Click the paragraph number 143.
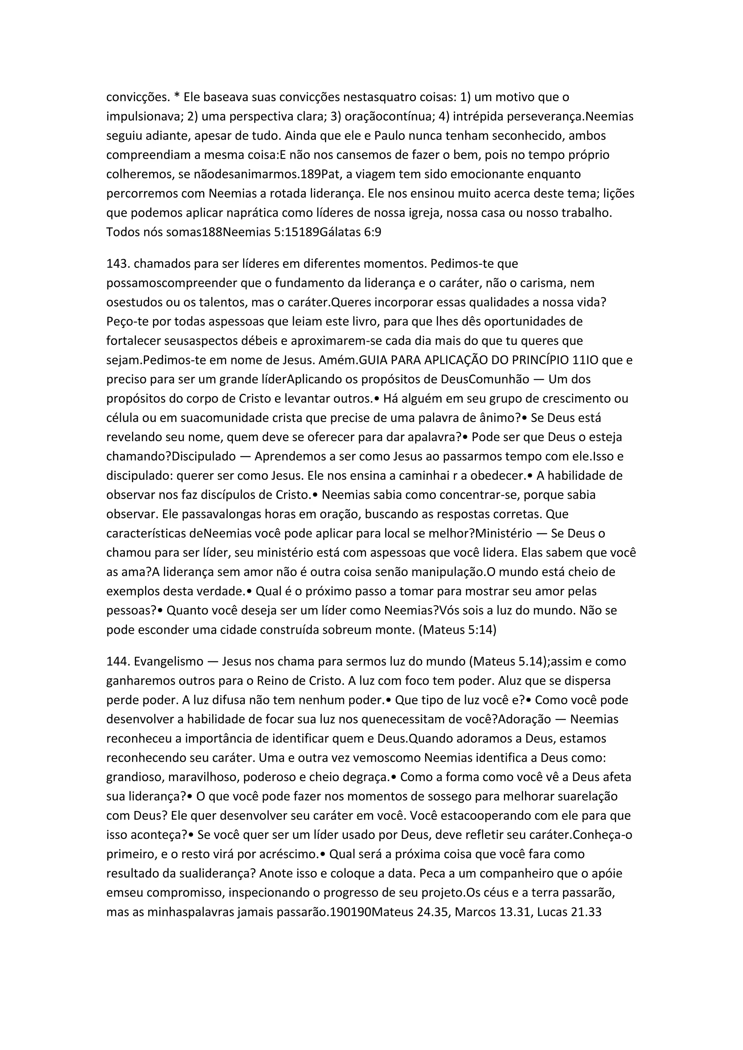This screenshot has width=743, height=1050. (118, 264)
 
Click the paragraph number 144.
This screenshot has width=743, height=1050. (118, 661)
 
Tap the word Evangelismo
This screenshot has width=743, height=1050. (168, 661)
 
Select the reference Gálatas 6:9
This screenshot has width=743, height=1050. (350, 232)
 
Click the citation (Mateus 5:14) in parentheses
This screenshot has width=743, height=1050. (457, 630)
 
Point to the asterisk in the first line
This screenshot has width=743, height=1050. (177, 96)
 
